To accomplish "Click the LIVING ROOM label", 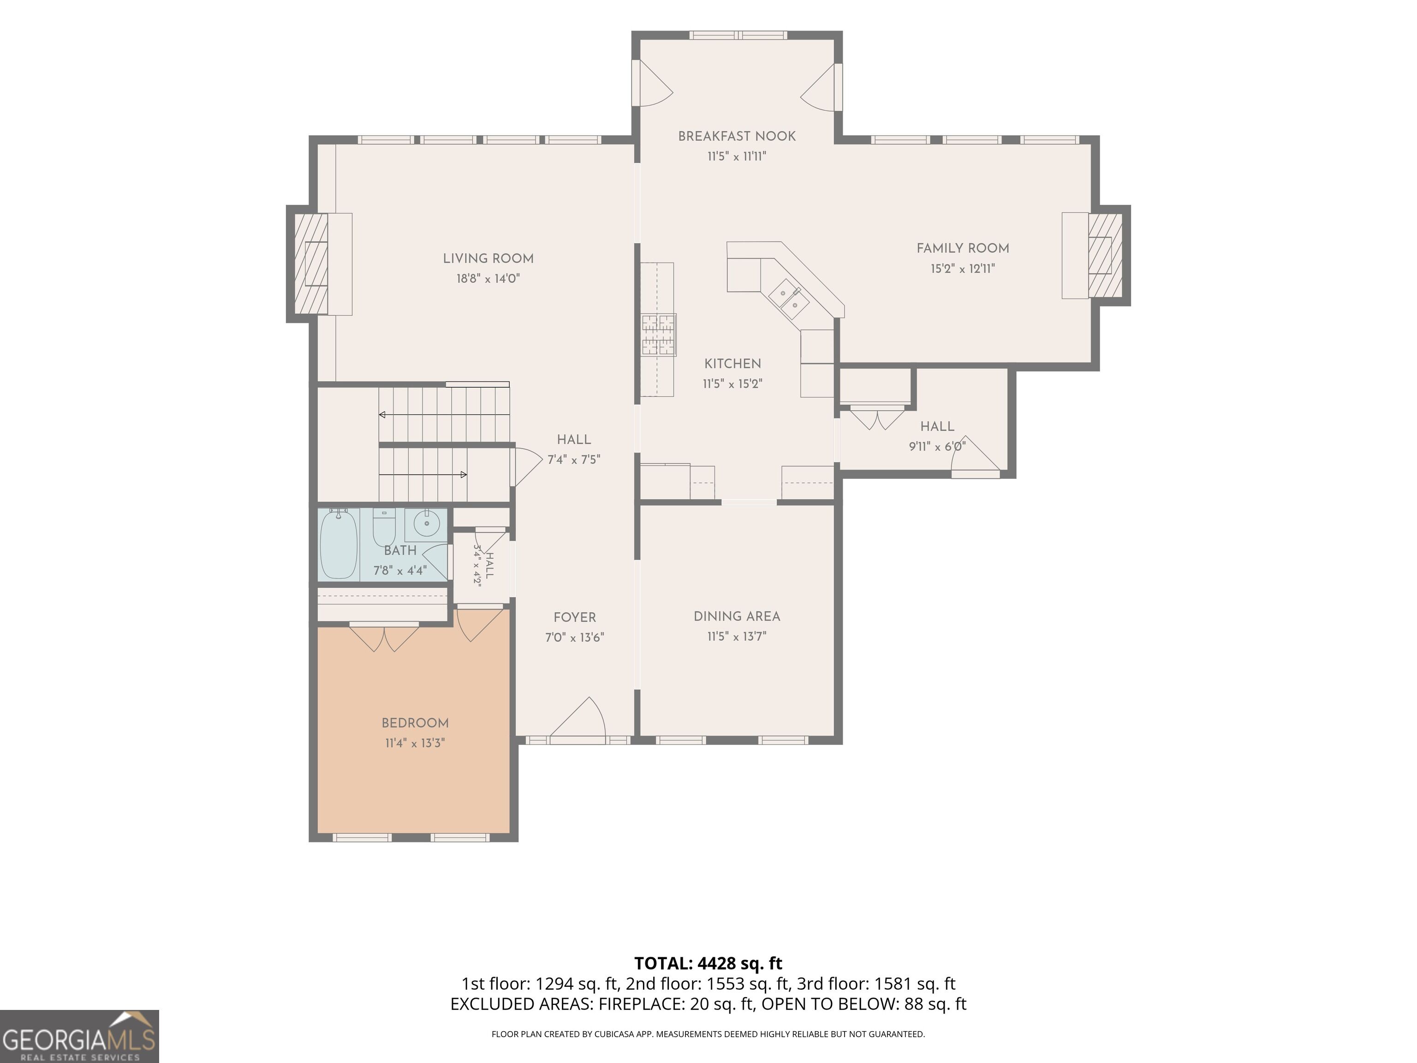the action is [488, 258].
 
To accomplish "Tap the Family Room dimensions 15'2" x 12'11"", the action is [962, 269].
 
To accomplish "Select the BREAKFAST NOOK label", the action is [737, 136].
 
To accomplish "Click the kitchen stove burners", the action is [659, 334].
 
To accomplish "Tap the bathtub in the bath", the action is [338, 543].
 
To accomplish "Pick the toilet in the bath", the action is [384, 527].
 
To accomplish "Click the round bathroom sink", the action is [426, 524].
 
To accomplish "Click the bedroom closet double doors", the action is [384, 637].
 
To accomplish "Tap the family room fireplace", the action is [1099, 255].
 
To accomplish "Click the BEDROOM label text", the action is [415, 723].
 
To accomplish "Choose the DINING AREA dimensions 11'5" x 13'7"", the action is [737, 636].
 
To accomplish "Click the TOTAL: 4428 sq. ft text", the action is [708, 963].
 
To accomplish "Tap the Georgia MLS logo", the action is [79, 1036].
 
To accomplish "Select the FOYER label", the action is [575, 617].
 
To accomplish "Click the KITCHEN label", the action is [733, 363].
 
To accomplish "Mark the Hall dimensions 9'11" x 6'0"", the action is [937, 447].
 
